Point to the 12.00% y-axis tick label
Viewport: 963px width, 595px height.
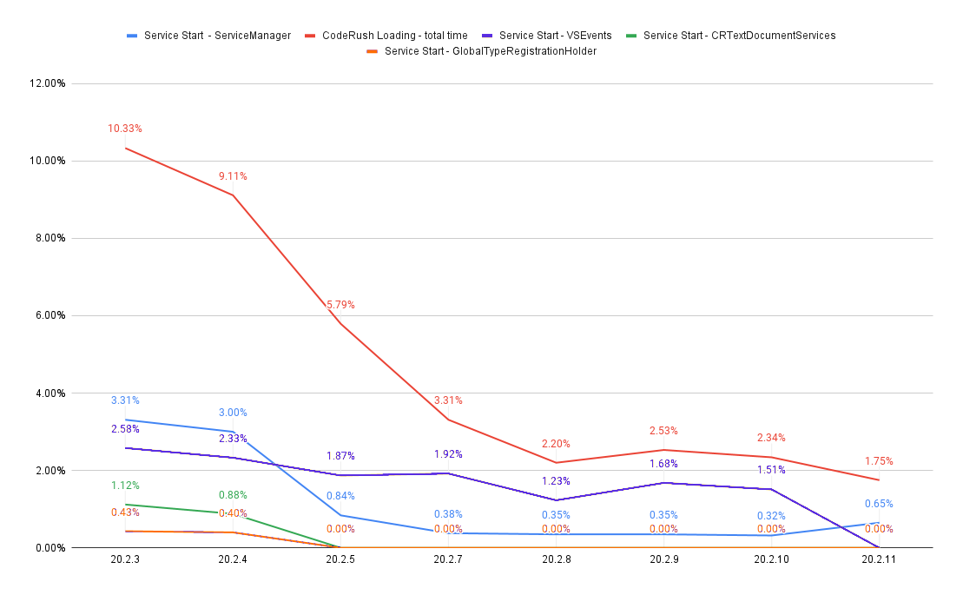tap(48, 83)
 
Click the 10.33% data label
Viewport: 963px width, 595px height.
tap(125, 129)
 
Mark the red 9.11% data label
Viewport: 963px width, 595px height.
tap(233, 176)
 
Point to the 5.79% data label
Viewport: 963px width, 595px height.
tap(340, 305)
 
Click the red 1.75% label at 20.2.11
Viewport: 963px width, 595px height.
tap(879, 461)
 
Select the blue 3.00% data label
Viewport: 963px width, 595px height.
tap(233, 413)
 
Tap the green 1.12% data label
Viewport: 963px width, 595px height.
tap(125, 486)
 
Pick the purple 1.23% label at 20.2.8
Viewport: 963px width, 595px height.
tap(556, 481)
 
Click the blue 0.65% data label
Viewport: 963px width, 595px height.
tap(879, 504)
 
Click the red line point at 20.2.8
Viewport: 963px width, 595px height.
tap(556, 462)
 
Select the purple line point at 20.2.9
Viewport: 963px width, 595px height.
tap(663, 482)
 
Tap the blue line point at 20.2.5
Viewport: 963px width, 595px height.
tap(340, 515)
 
